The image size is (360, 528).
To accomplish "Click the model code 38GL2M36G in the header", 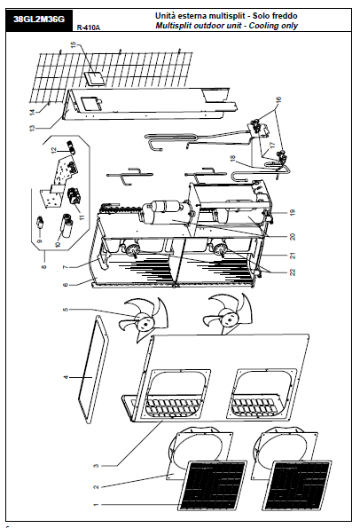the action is point(39,20).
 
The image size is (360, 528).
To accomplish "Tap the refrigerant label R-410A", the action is point(89,28).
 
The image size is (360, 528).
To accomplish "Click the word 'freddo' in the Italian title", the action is point(285,15).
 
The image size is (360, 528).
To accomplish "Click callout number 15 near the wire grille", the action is point(74,44).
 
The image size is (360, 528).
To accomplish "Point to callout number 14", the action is point(32,112).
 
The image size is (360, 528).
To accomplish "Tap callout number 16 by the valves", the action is point(278,100).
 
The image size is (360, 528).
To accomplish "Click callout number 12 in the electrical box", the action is point(54,151).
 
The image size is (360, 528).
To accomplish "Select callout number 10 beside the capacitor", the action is point(58,244).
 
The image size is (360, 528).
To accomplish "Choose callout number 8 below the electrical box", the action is point(43,267).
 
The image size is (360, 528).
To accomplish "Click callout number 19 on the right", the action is point(293,212).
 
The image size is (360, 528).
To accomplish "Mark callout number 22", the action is point(293,272).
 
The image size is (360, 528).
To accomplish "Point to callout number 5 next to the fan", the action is point(66,309).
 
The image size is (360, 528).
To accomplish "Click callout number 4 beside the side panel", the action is point(66,377).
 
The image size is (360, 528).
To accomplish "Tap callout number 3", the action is point(96,466).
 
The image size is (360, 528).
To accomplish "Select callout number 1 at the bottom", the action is point(96,505).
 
